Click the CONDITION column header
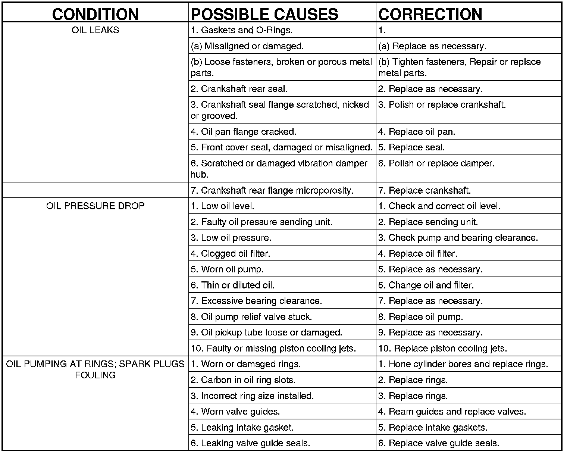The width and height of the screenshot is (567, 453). pos(95,14)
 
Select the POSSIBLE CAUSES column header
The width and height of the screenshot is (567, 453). pos(264,14)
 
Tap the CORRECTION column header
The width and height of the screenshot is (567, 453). pos(430,14)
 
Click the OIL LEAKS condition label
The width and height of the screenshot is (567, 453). pos(95,30)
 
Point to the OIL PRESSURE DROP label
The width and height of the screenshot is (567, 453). pos(95,206)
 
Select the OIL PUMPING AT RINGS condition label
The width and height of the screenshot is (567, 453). pos(95,369)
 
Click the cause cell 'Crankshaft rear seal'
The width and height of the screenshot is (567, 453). pos(239,89)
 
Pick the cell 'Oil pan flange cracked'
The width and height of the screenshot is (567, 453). pos(244,132)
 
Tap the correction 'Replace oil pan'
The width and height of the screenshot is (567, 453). pos(417,132)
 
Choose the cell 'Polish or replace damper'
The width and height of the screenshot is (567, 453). pos(436,163)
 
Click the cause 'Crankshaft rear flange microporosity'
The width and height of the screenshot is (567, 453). pos(272,191)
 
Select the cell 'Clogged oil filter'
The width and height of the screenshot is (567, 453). pos(231,254)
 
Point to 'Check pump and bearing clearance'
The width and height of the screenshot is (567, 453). pos(458,238)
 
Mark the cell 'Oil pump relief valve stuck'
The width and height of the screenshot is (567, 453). pos(251,317)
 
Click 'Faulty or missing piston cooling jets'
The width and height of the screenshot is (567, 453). pos(273,349)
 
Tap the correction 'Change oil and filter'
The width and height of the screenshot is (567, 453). pos(426,285)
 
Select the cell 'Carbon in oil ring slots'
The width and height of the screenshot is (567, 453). pos(243,380)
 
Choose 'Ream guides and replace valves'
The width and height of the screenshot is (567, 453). pos(452,412)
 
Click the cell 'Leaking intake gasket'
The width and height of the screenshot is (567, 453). pos(242,428)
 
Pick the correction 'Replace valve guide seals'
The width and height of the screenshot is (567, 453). pos(439,443)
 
